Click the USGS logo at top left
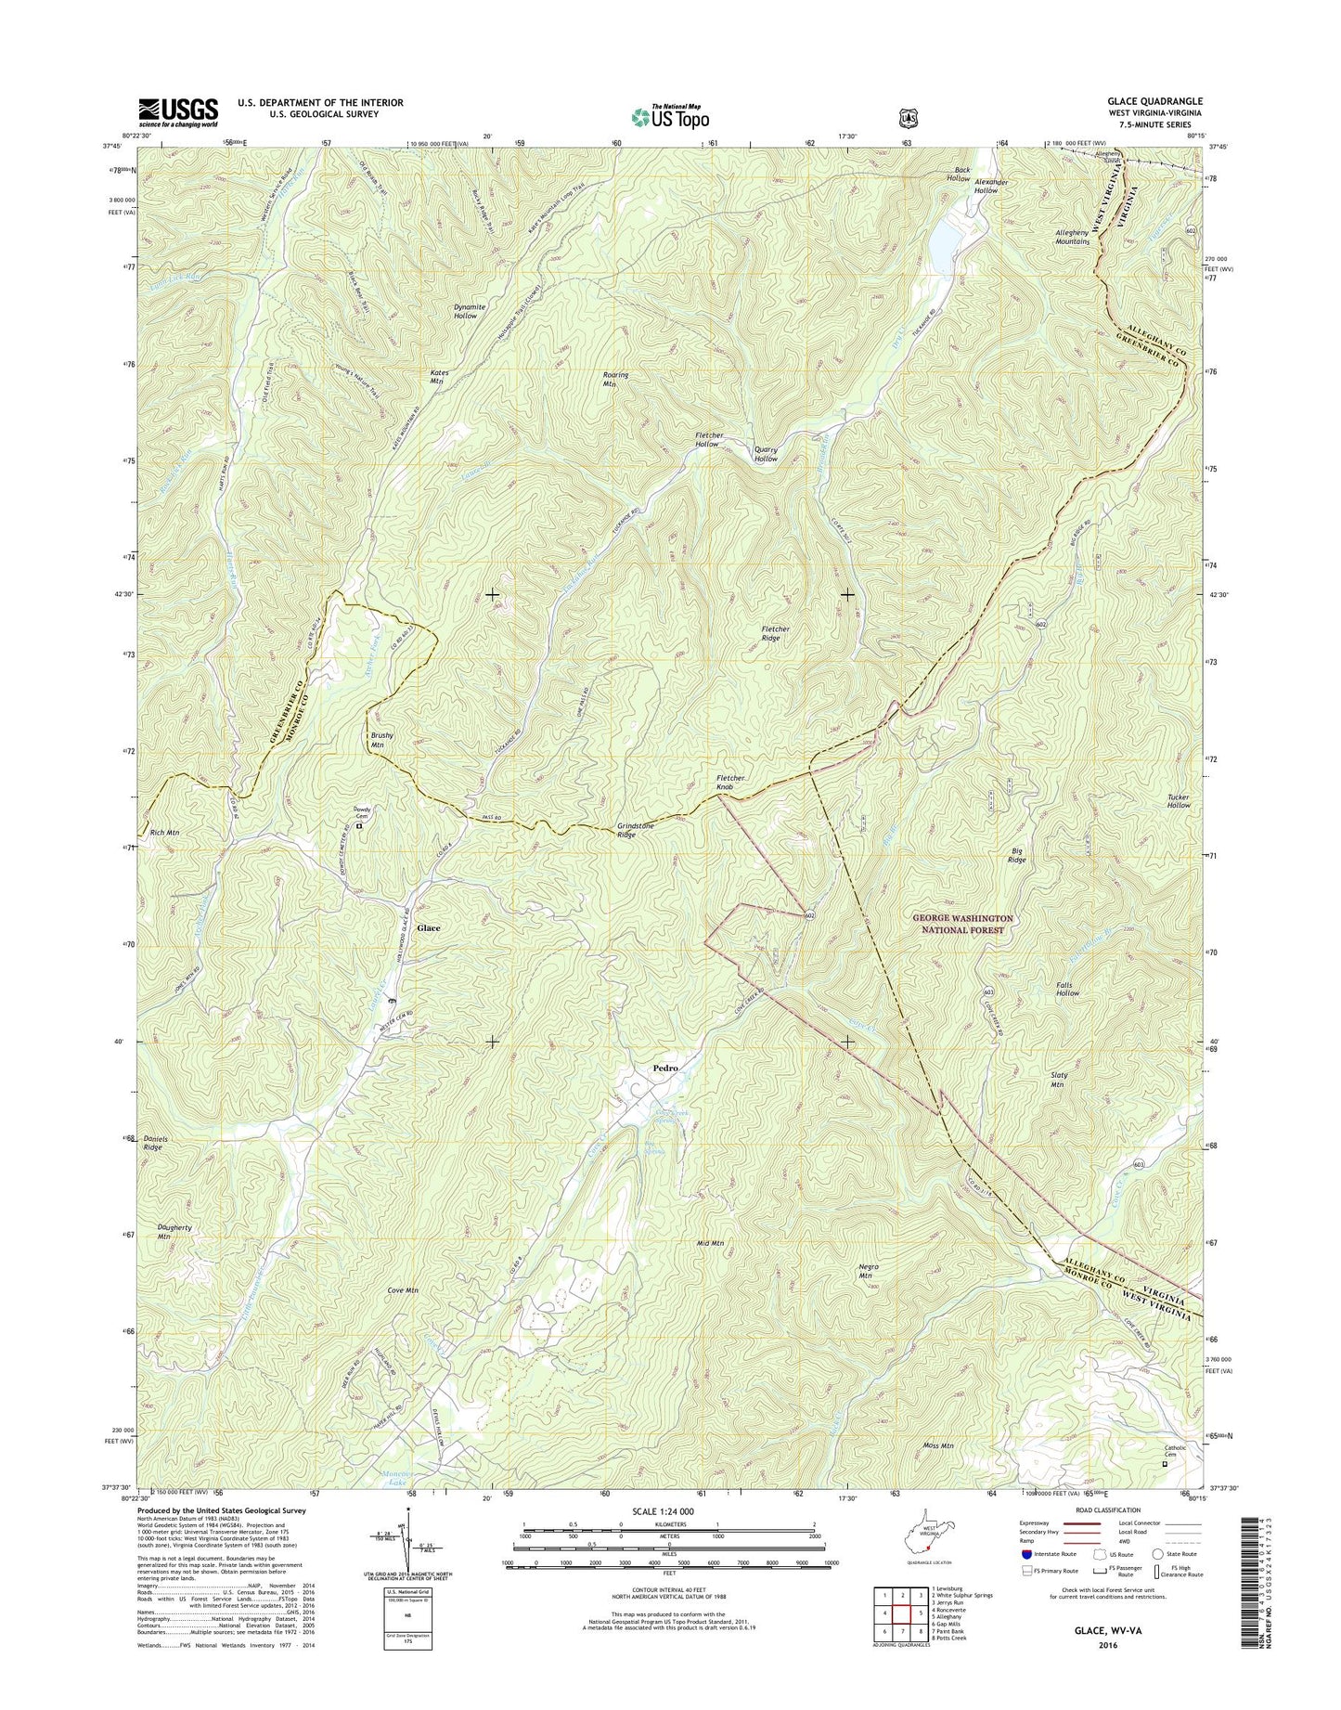click(x=178, y=111)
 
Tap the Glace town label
click(x=428, y=927)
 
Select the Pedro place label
click(x=665, y=1068)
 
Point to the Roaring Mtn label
click(x=615, y=379)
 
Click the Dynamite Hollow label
click(x=465, y=311)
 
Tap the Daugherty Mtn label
click(x=174, y=1231)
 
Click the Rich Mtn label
click(x=164, y=833)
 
